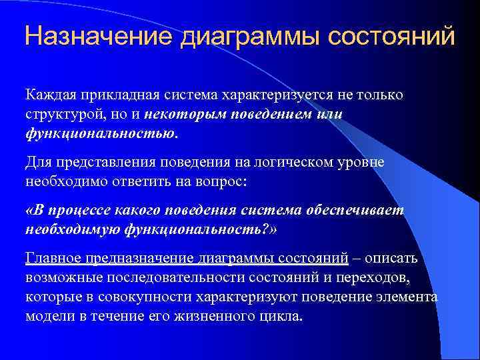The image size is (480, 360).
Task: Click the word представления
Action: tap(107, 162)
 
